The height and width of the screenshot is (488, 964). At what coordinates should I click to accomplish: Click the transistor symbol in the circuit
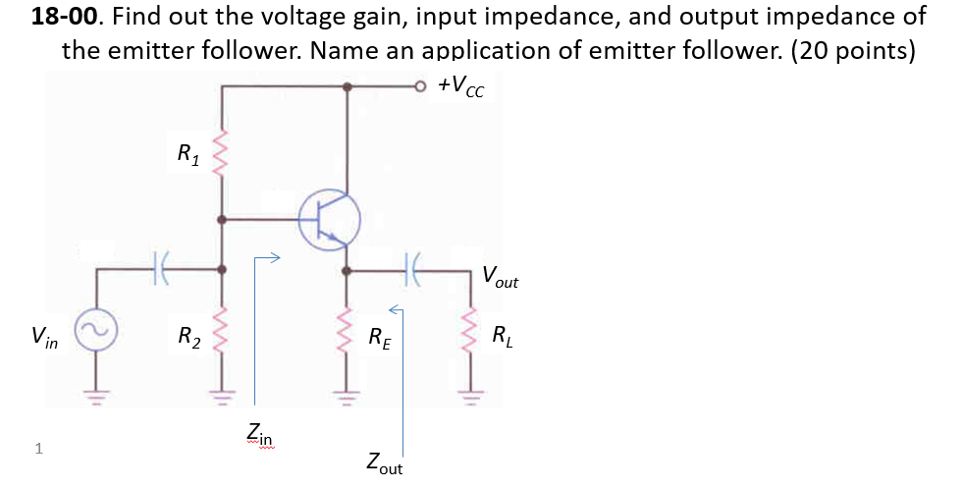[329, 218]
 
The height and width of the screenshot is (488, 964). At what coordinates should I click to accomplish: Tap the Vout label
[500, 277]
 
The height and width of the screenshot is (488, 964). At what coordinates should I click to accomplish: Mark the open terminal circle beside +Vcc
[422, 86]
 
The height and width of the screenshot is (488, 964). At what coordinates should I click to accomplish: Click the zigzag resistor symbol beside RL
[469, 339]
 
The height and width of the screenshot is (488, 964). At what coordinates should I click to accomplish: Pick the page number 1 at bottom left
[37, 449]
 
